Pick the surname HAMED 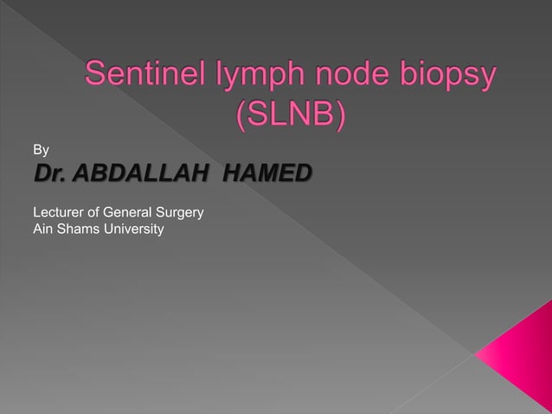point(266,176)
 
